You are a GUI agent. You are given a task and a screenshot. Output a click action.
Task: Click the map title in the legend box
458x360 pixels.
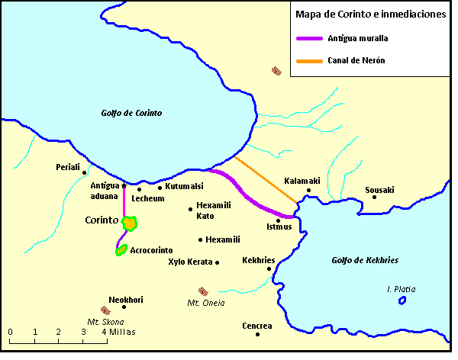pos(366,14)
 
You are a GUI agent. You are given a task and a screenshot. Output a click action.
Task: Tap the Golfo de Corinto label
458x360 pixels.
pos(132,113)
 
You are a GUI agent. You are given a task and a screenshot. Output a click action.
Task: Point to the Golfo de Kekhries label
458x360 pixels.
pos(364,260)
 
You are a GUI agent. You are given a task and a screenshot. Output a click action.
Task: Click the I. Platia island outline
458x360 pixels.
pos(402,301)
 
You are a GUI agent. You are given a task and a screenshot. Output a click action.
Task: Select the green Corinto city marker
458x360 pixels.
pos(131,223)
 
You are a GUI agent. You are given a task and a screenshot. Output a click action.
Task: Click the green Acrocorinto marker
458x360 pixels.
pos(121,249)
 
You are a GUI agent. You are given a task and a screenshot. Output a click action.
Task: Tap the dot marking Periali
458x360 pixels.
pos(84,173)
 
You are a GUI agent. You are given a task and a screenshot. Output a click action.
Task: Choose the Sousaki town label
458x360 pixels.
pos(379,189)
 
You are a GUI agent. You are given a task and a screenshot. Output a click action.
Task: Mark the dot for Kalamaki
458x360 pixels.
pos(308,191)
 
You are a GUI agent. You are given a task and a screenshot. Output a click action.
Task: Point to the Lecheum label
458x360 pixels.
pos(148,198)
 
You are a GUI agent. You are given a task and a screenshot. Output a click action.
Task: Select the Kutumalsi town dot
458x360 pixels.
pos(160,187)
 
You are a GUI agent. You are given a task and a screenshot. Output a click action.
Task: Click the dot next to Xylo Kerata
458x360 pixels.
pos(218,262)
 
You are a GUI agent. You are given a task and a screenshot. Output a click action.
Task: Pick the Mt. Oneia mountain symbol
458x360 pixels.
pos(203,291)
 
